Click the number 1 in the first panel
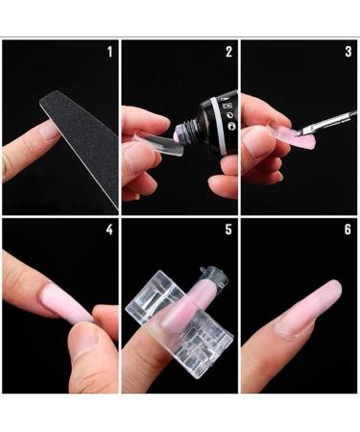coord(109,51)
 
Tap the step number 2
coord(228,51)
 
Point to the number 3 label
coord(348,51)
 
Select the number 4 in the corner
coord(109,230)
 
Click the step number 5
coord(228,230)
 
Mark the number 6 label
coord(348,230)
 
